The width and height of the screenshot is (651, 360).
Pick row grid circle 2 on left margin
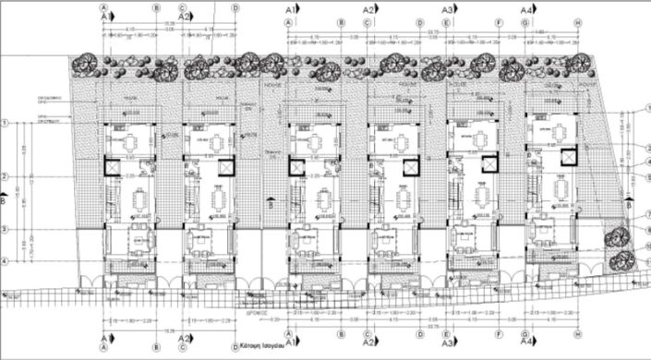(x=6, y=175)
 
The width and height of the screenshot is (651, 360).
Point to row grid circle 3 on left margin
(x=6, y=229)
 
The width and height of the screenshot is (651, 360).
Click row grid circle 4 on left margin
(x=6, y=261)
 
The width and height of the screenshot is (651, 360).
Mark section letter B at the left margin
(x=5, y=198)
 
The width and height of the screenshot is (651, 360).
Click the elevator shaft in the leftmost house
(x=112, y=167)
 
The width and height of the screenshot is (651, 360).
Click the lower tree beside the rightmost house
(x=623, y=259)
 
